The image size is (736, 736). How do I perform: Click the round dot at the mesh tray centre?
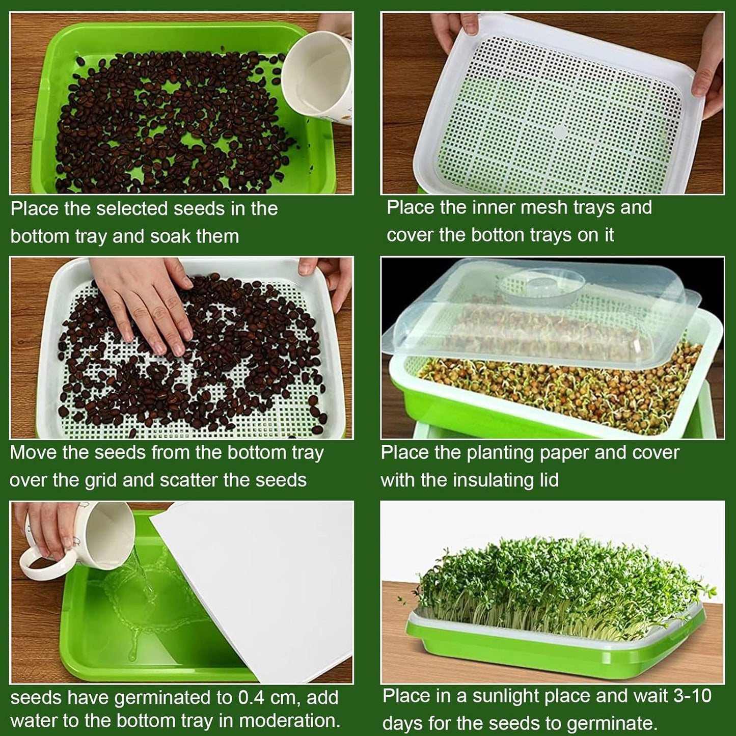click(560, 132)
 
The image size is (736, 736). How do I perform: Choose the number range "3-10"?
click(692, 696)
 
